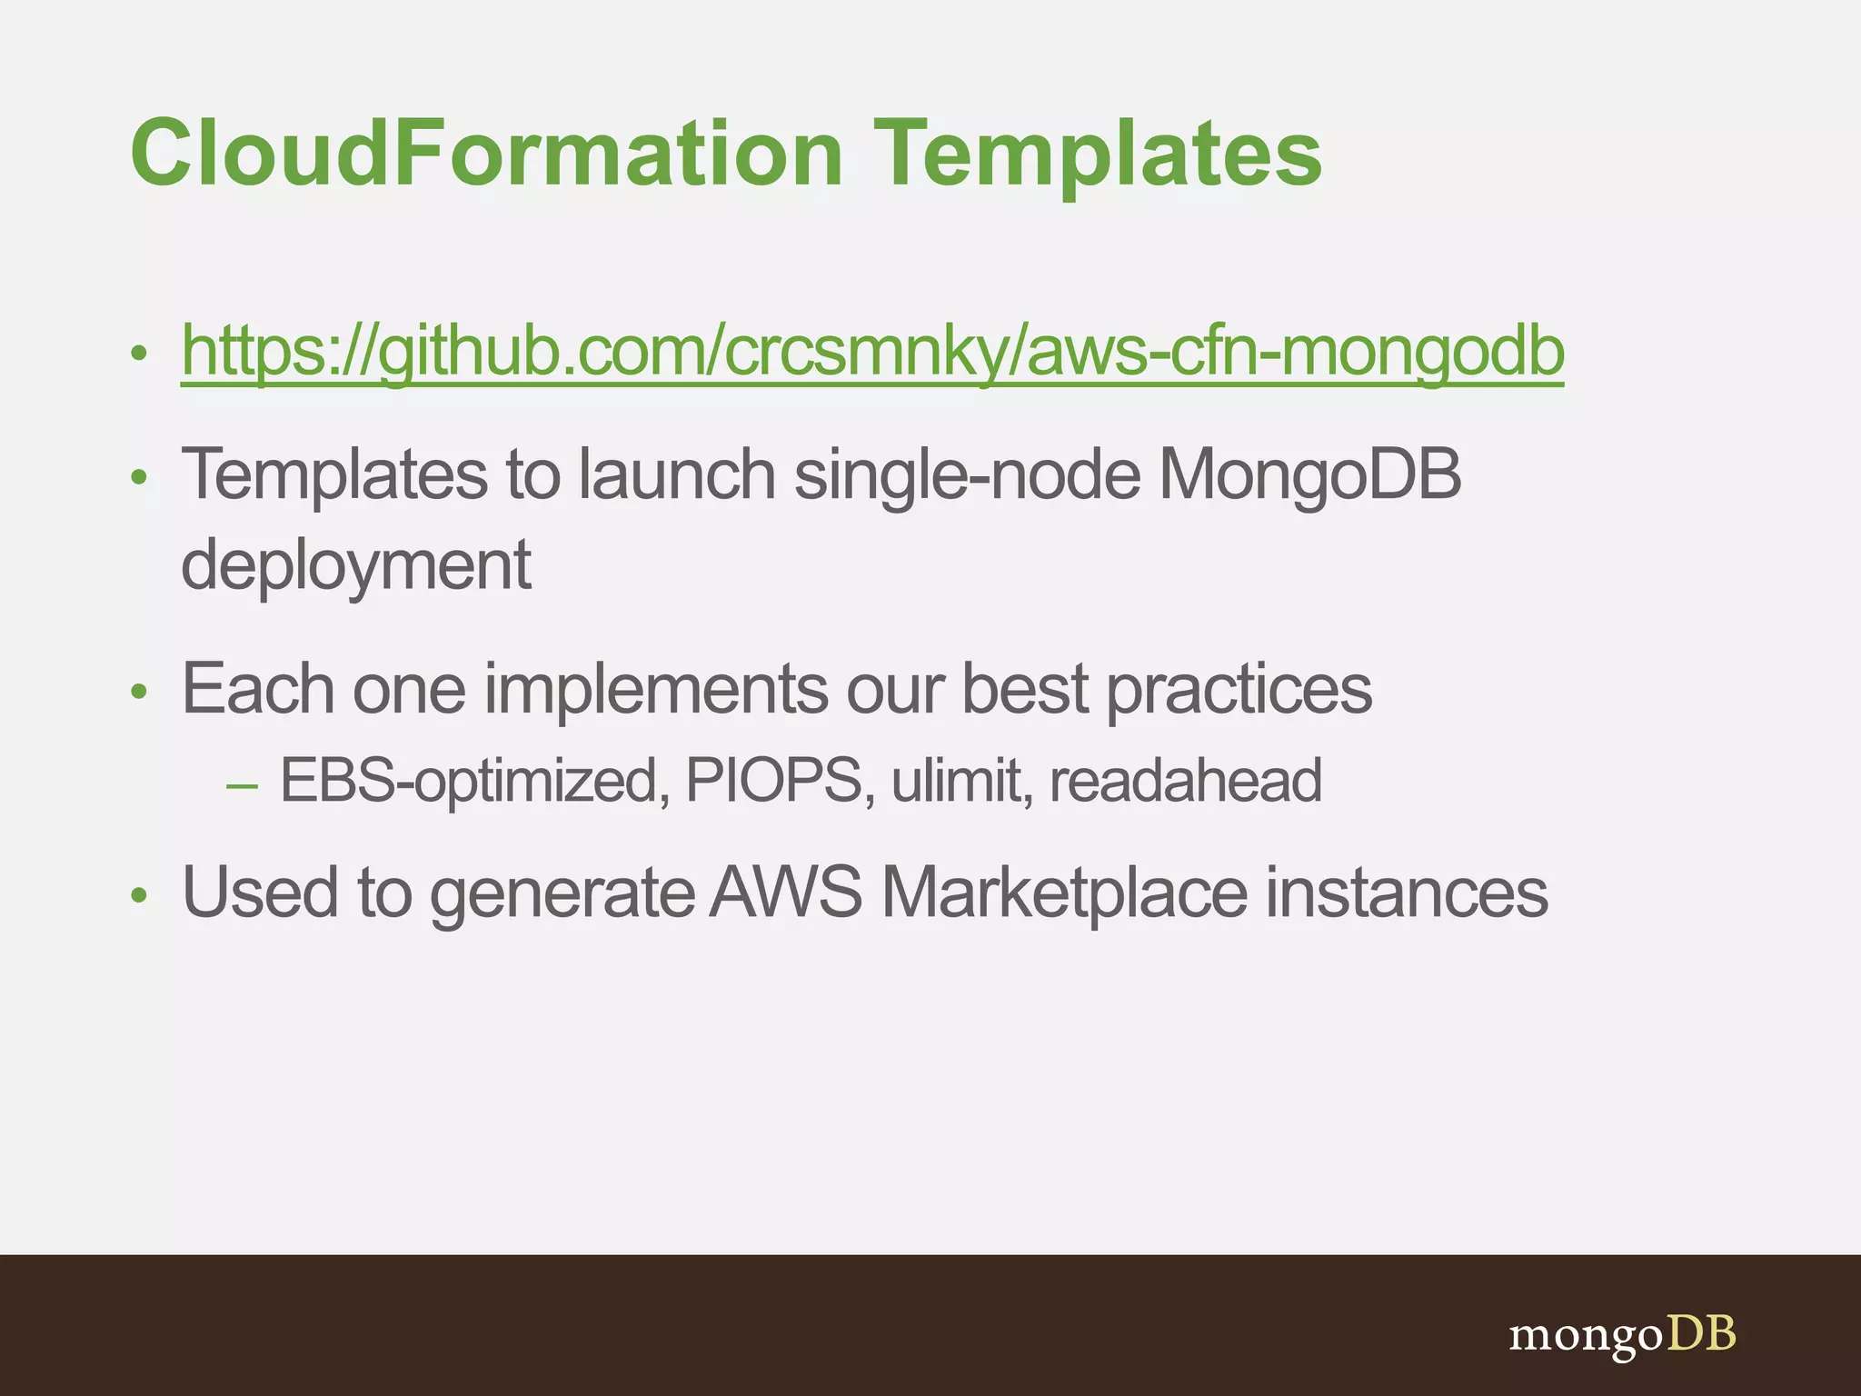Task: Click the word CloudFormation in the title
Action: point(487,155)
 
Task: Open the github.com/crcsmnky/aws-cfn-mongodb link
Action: point(872,352)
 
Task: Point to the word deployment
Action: point(356,565)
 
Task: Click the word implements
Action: point(655,689)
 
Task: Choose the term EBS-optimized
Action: point(469,781)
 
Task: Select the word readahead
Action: point(1185,781)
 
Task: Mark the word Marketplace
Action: point(1064,892)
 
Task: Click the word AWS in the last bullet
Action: point(785,892)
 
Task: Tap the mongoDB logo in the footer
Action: point(1622,1335)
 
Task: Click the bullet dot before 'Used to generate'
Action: point(138,896)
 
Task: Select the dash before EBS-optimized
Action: point(242,783)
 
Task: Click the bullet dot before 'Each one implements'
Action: point(138,693)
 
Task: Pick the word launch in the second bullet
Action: point(677,475)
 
